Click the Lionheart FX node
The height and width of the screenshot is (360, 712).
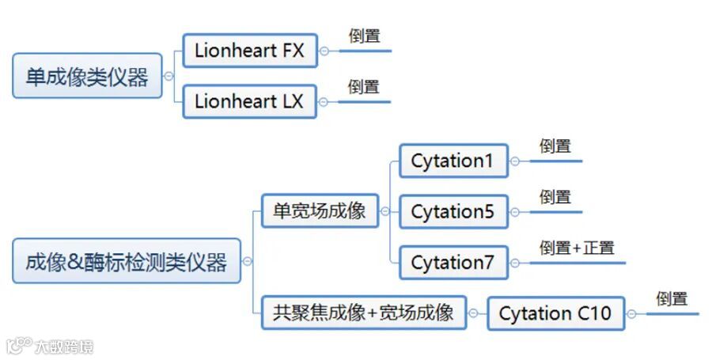tap(247, 52)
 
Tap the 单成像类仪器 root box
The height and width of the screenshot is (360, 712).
tap(87, 77)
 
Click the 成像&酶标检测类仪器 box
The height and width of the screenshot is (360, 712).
tap(126, 262)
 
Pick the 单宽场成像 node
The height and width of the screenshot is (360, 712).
tap(320, 211)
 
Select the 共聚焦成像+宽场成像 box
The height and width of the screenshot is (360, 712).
tap(364, 313)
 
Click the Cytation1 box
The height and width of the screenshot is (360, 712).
tap(453, 161)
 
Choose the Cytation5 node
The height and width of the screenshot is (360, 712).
tap(453, 212)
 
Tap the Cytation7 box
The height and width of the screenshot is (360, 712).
tap(453, 263)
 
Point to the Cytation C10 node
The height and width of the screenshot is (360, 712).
tap(555, 313)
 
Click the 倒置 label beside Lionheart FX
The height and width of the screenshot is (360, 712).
tap(364, 36)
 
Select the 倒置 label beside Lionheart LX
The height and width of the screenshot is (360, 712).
tap(364, 86)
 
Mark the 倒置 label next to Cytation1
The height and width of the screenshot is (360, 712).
tap(555, 146)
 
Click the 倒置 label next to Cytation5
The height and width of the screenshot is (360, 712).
tap(555, 196)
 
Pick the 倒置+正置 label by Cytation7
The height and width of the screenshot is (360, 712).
tap(577, 247)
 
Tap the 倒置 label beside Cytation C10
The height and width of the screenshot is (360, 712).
tap(672, 298)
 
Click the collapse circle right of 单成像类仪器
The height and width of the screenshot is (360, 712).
tap(169, 77)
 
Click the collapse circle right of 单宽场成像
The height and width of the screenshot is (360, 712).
tap(385, 211)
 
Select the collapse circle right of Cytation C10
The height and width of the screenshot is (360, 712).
tap(633, 313)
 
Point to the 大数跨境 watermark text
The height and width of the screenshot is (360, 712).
tap(63, 346)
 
